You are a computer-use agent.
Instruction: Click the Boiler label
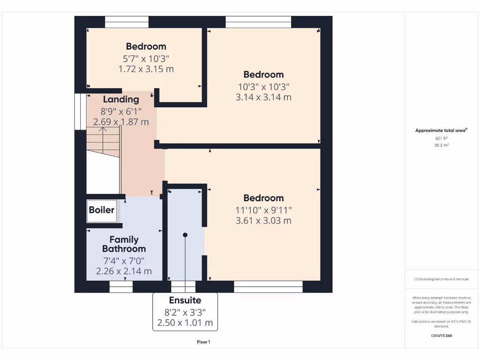click(102, 210)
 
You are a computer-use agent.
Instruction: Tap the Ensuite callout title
click(185, 300)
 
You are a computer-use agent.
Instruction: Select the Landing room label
click(121, 99)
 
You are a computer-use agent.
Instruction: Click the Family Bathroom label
click(124, 244)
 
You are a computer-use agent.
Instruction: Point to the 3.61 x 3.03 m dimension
click(263, 220)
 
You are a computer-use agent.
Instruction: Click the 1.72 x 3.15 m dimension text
click(146, 69)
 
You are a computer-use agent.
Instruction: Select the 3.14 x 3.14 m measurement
click(263, 97)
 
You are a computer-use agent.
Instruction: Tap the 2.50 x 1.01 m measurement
click(185, 322)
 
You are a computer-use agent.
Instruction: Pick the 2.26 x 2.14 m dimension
click(124, 271)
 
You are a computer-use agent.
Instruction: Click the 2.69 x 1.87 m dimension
click(121, 122)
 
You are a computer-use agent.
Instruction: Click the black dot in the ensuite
click(185, 235)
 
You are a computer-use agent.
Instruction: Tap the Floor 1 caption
click(203, 342)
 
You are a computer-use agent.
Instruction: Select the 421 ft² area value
click(441, 138)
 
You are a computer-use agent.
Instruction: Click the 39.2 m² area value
click(441, 145)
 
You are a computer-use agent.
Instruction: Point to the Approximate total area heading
click(441, 131)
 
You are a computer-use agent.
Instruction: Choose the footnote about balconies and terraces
click(441, 279)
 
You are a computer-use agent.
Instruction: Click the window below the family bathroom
click(121, 287)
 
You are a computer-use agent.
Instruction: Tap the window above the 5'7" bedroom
click(127, 22)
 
